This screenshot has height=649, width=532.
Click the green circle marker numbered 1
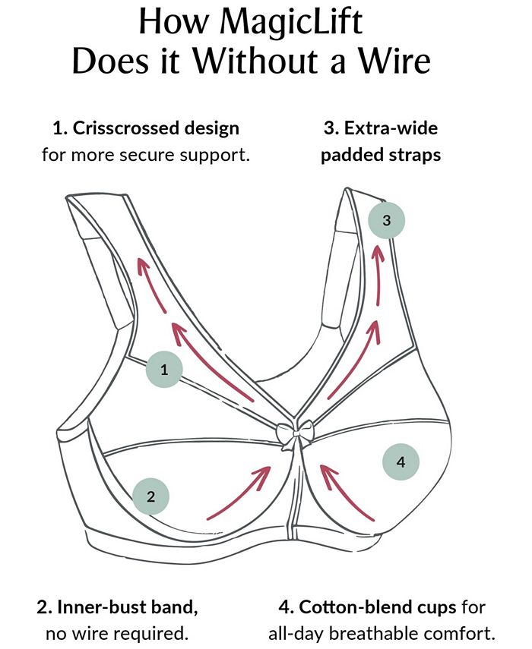pos(165,370)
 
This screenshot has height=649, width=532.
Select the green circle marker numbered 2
pos(150,497)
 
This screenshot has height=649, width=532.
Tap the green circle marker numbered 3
pos(386,221)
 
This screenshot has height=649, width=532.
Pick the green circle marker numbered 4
pos(401,462)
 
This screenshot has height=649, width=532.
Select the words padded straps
pos(380,155)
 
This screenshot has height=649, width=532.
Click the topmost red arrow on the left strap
pos(150,285)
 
